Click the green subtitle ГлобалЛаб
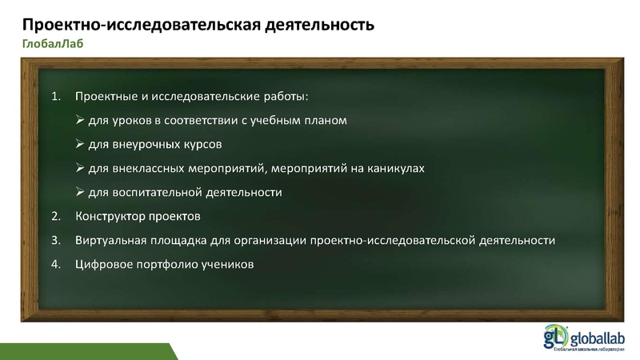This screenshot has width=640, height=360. coord(52,44)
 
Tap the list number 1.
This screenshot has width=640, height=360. coord(55,97)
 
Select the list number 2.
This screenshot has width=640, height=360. coord(55,217)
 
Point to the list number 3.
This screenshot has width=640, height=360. coord(55,240)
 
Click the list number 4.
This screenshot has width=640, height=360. coord(55,264)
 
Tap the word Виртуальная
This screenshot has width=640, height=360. coord(110,240)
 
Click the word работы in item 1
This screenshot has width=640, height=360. coord(284,97)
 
